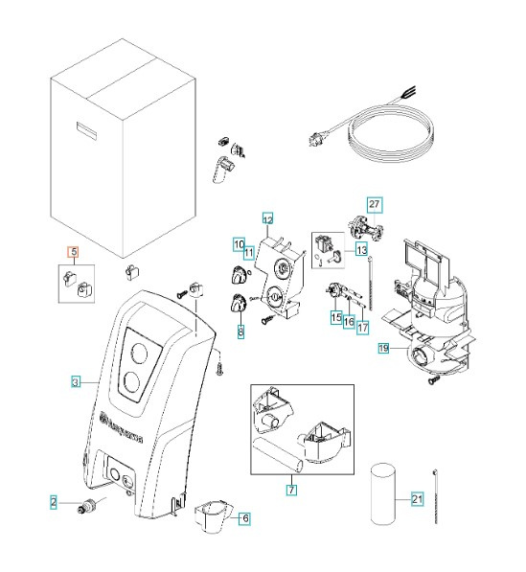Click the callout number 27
(375, 204)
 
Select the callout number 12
(267, 218)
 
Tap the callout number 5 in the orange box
(72, 253)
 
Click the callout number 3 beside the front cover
(76, 382)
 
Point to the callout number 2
(54, 500)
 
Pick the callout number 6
(245, 518)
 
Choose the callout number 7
(291, 490)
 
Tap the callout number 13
(361, 249)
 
